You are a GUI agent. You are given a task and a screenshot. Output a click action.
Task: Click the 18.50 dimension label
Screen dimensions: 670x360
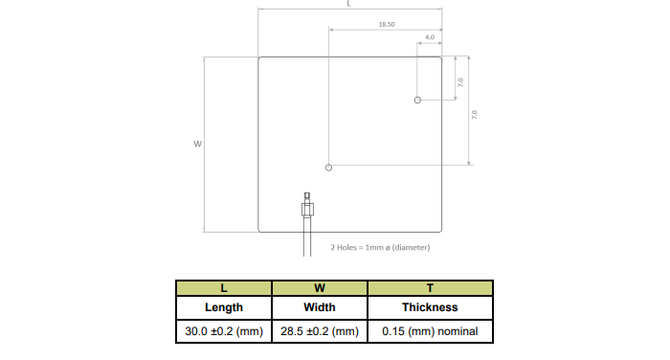tap(387, 24)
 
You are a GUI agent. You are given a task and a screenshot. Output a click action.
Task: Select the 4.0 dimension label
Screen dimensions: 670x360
tap(430, 37)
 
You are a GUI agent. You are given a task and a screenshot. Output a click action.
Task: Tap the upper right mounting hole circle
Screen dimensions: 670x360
tap(417, 100)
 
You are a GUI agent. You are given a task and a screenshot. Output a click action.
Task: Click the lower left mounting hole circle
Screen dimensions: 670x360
tap(328, 168)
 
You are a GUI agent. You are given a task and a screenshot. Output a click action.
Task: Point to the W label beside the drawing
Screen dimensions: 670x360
tap(197, 144)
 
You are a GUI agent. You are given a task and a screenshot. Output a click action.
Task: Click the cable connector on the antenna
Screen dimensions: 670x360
tap(307, 205)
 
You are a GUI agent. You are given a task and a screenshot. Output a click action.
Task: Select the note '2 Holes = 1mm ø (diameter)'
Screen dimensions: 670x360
tap(380, 247)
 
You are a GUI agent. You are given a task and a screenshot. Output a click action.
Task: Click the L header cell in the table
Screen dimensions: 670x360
tap(224, 288)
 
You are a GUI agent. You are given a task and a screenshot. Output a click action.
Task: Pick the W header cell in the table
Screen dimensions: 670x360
tap(320, 288)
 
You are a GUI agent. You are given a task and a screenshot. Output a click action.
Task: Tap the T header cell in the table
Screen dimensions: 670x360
tap(431, 288)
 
